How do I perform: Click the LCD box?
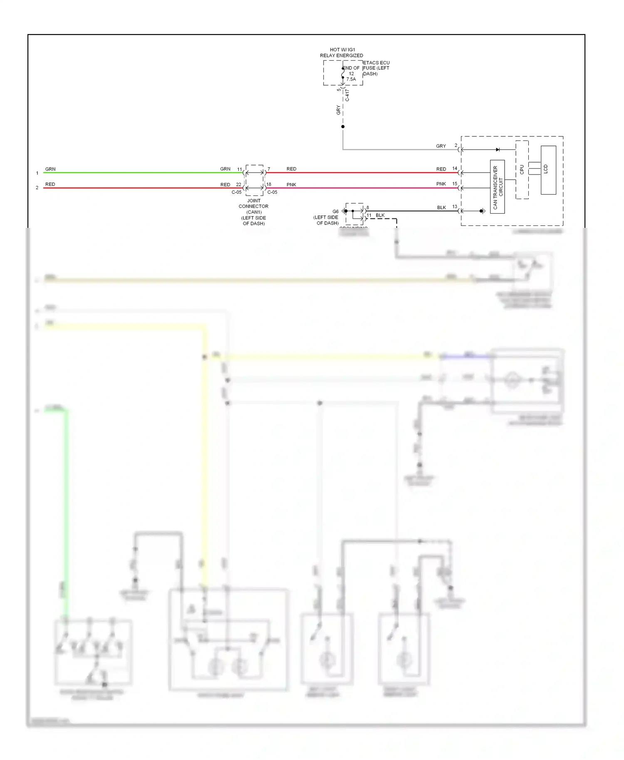pyautogui.click(x=548, y=170)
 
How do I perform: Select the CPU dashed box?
pyautogui.click(x=522, y=170)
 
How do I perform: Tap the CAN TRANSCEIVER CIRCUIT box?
pyautogui.click(x=498, y=187)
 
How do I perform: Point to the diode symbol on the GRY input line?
pyautogui.click(x=498, y=150)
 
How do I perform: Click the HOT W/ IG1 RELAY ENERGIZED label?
pyautogui.click(x=342, y=52)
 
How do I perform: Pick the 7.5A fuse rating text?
pyautogui.click(x=351, y=79)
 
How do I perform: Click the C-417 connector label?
pyautogui.click(x=347, y=95)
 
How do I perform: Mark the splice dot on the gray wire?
pyautogui.click(x=343, y=126)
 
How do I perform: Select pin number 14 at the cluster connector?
pyautogui.click(x=455, y=168)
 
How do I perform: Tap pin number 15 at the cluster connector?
pyautogui.click(x=455, y=183)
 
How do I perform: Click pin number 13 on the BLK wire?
pyautogui.click(x=455, y=207)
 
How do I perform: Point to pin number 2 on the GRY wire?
pyautogui.click(x=456, y=146)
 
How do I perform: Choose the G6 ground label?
pyautogui.click(x=335, y=212)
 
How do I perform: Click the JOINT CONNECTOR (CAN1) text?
pyautogui.click(x=254, y=206)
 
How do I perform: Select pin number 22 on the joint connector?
pyautogui.click(x=238, y=185)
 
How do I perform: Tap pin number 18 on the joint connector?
pyautogui.click(x=269, y=184)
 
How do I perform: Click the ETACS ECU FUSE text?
pyautogui.click(x=376, y=68)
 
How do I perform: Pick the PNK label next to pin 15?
pyautogui.click(x=441, y=184)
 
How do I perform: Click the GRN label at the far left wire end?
pyautogui.click(x=50, y=169)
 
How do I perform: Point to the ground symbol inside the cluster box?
pyautogui.click(x=482, y=211)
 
